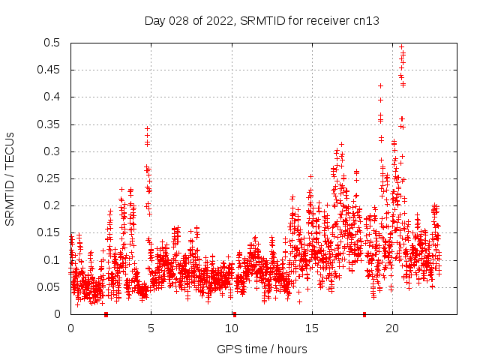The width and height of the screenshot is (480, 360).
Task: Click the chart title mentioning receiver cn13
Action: (262, 21)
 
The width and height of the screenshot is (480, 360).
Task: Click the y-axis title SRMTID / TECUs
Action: (10, 178)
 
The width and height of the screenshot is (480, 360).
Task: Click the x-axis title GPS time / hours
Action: (262, 349)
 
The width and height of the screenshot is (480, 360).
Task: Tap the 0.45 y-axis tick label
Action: (52, 70)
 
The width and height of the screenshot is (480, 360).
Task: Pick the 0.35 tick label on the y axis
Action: (52, 124)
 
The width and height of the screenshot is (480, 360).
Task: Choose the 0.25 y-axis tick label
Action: (52, 178)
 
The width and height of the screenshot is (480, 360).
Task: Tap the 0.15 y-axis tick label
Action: (52, 232)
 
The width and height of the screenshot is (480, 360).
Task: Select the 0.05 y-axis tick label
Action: (52, 287)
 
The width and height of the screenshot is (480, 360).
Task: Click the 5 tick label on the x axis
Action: (151, 328)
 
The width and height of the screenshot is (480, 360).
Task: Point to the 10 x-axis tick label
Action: (232, 328)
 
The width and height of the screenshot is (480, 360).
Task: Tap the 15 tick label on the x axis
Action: (312, 328)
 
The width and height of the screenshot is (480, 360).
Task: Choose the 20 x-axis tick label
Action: (392, 328)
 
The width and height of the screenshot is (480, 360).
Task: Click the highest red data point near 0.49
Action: (401, 46)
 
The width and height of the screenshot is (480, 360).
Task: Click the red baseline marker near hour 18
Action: (364, 314)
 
